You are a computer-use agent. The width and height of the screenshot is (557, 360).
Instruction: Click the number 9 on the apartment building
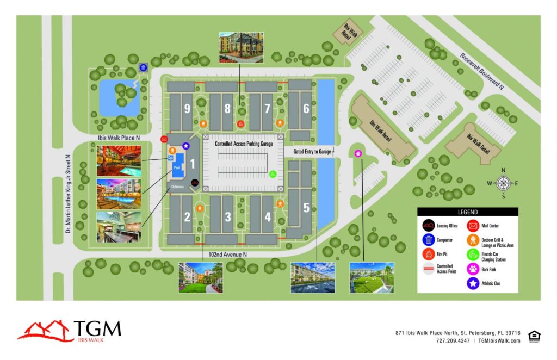click(x=187, y=109)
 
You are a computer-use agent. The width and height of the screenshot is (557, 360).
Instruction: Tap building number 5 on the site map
click(x=306, y=208)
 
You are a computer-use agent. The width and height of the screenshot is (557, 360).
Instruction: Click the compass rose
click(x=503, y=182)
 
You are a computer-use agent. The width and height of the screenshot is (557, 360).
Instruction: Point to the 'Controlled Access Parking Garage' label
click(x=243, y=144)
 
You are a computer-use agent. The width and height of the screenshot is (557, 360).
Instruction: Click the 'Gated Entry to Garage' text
click(x=312, y=151)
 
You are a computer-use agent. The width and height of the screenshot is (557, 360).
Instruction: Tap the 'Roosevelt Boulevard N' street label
click(x=482, y=71)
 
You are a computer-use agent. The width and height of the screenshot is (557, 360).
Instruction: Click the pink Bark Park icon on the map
click(x=358, y=153)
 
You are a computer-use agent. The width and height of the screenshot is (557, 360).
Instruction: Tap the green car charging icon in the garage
click(x=273, y=175)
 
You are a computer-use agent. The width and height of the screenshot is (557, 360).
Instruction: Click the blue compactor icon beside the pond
click(x=143, y=67)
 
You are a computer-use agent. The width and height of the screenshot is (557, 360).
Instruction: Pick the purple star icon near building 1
click(x=186, y=145)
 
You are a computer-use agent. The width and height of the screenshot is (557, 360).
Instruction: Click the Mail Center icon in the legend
click(x=473, y=225)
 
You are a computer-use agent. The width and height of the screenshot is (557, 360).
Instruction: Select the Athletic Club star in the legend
click(x=473, y=282)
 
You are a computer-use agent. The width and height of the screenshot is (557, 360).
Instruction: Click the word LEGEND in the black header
click(x=468, y=212)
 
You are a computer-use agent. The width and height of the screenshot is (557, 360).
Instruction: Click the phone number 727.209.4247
click(x=452, y=341)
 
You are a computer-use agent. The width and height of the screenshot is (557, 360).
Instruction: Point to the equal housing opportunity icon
click(x=534, y=336)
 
